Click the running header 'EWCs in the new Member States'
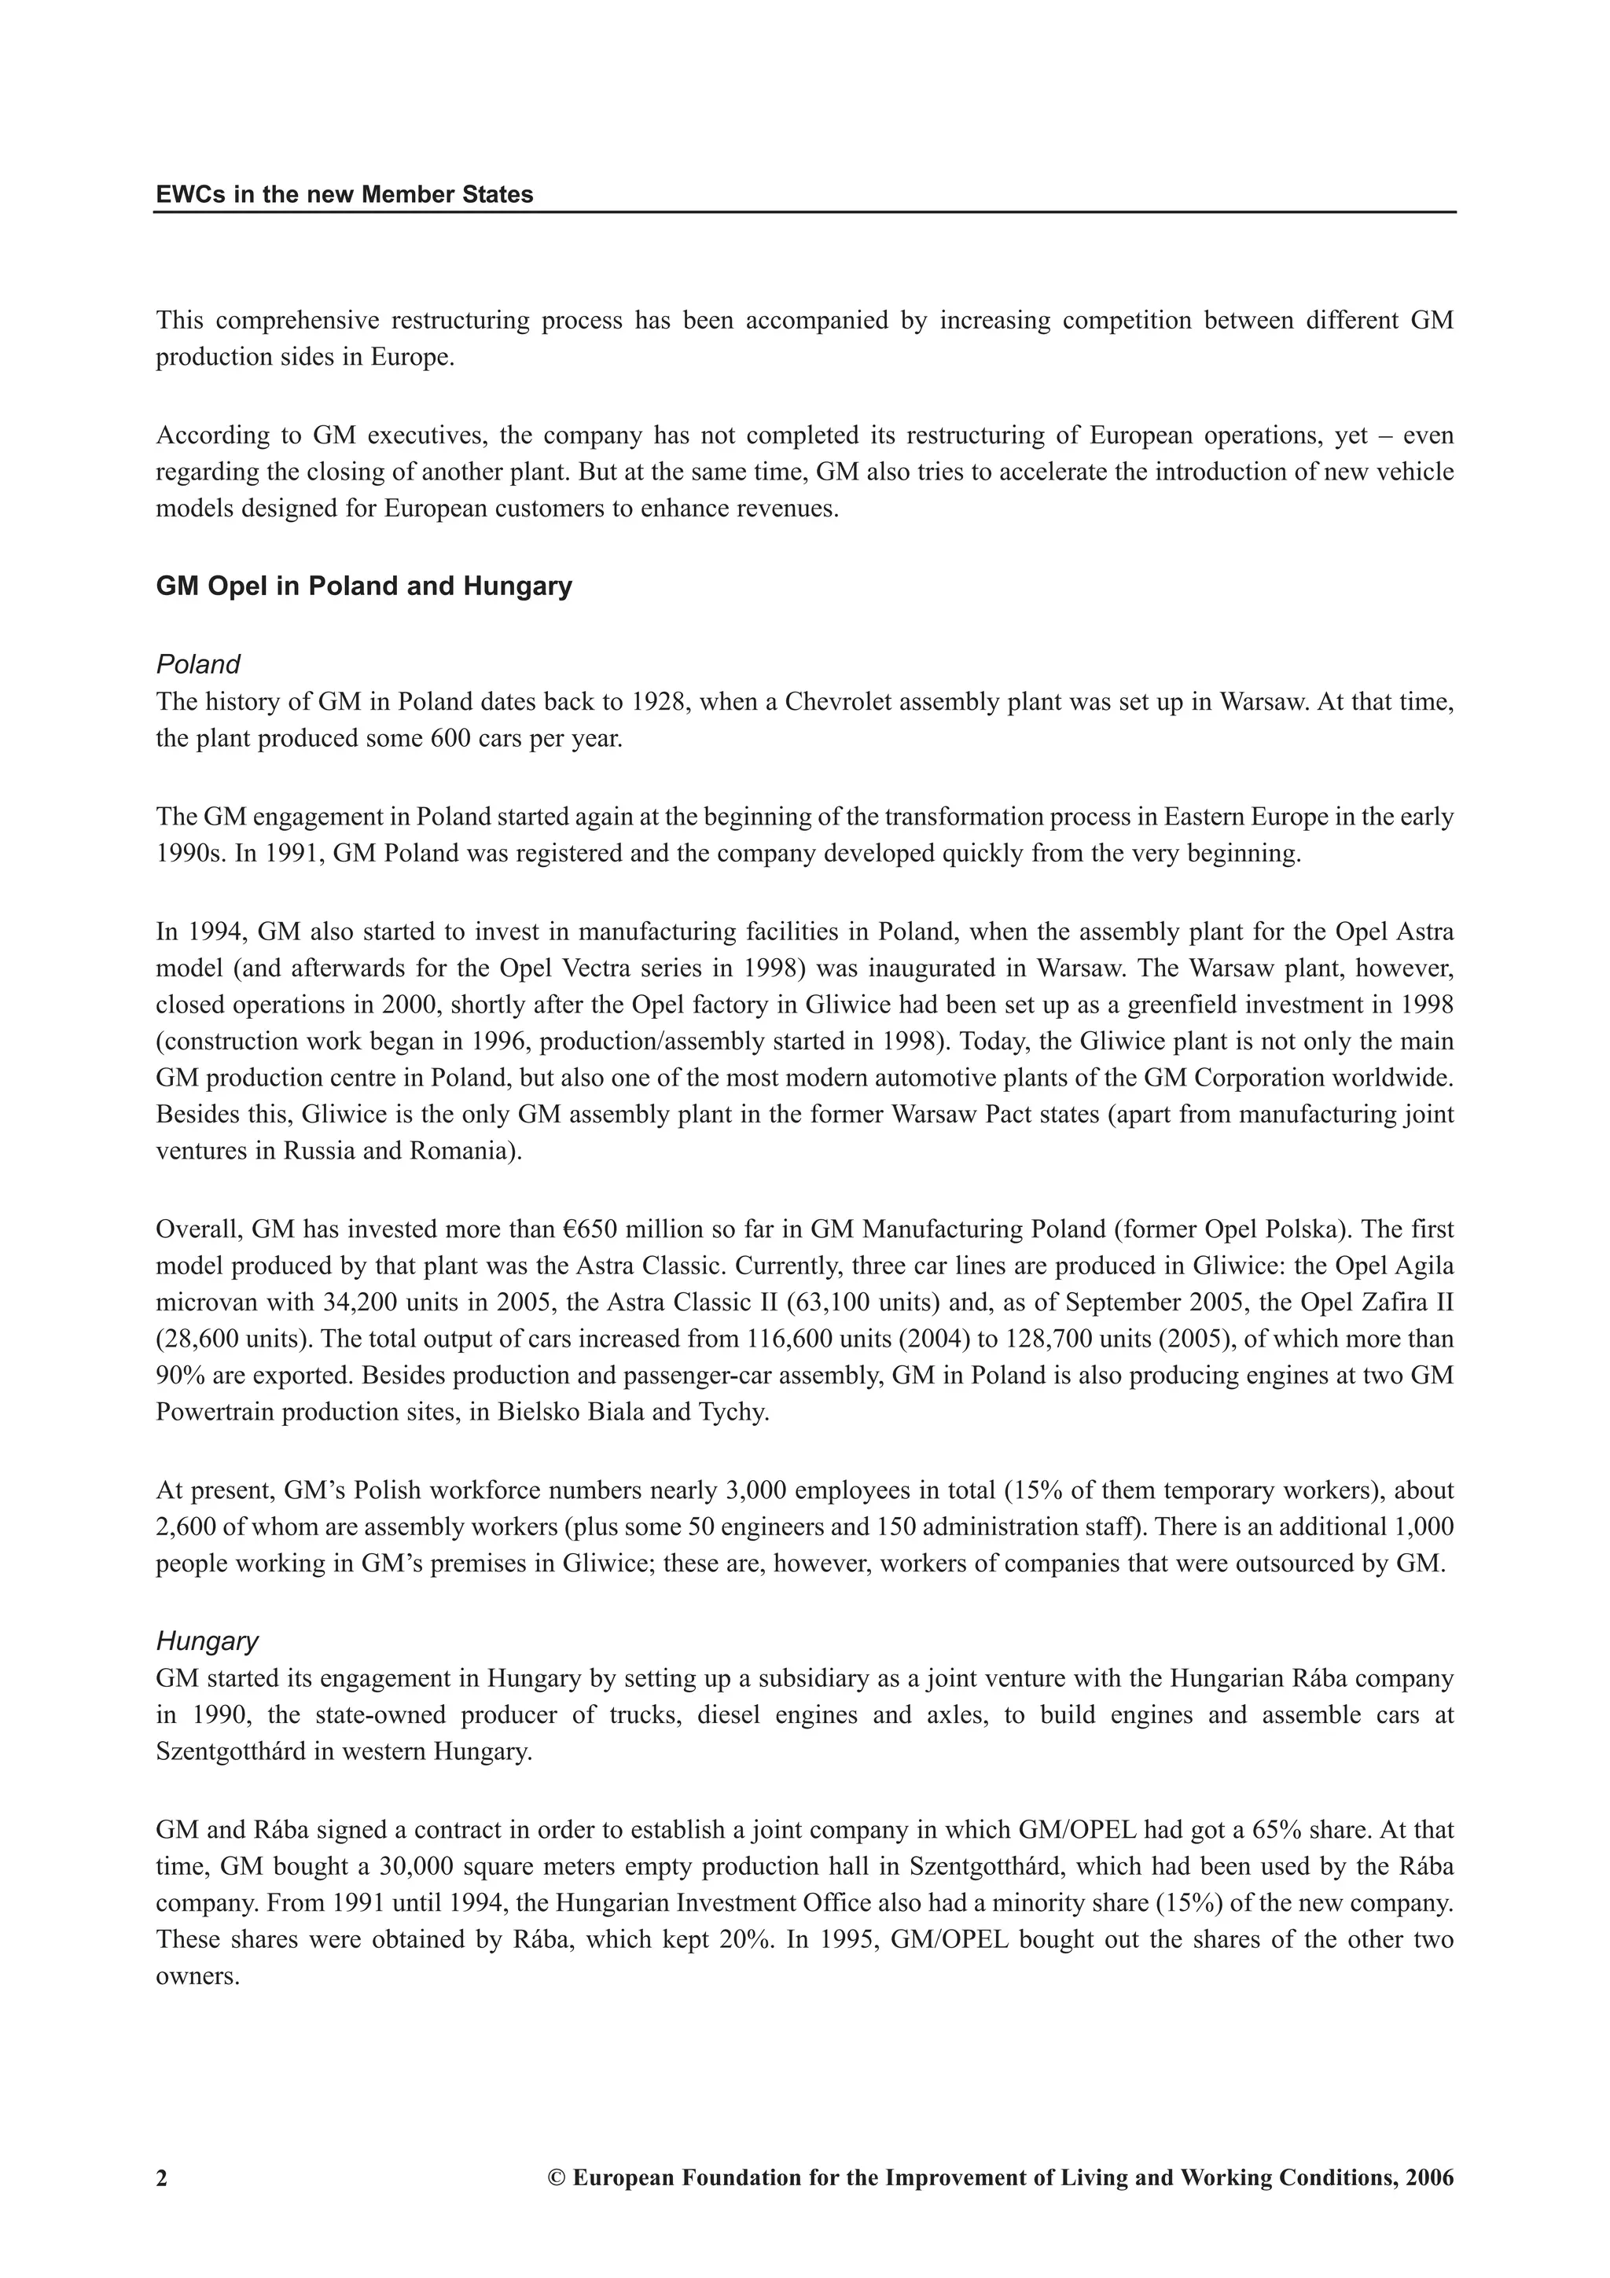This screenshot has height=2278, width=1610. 344,194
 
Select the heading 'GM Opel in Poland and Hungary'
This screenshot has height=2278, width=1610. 364,586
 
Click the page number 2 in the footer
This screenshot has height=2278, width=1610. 162,2179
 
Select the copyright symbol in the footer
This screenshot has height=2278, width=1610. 556,2179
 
